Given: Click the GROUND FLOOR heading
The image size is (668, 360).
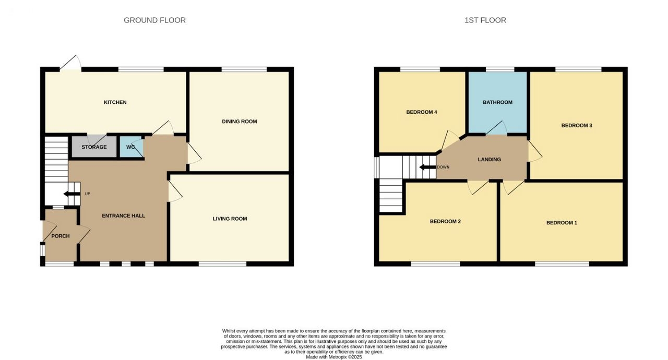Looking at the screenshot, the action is pyautogui.click(x=154, y=20).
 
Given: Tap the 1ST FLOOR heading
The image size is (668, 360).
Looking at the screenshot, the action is pyautogui.click(x=485, y=20).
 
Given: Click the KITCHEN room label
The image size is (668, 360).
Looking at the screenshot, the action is pyautogui.click(x=115, y=102).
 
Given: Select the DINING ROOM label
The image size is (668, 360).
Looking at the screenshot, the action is pyautogui.click(x=240, y=121).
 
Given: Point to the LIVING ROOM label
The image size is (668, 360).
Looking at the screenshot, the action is pyautogui.click(x=230, y=219).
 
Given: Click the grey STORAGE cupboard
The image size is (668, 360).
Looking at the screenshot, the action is pyautogui.click(x=94, y=147).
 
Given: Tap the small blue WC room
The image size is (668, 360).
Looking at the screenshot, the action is pyautogui.click(x=132, y=147).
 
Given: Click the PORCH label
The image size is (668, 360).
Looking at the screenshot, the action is pyautogui.click(x=61, y=236).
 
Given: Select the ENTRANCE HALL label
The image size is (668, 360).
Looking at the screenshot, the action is pyautogui.click(x=124, y=216).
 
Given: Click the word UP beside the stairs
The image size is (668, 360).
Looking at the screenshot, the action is pyautogui.click(x=87, y=194).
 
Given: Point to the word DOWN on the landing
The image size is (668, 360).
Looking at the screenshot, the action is pyautogui.click(x=443, y=167).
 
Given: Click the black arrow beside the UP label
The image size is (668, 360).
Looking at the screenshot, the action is pyautogui.click(x=72, y=194).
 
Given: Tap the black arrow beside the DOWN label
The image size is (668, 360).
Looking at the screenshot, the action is pyautogui.click(x=427, y=167).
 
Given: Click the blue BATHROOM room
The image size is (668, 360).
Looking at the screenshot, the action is pyautogui.click(x=497, y=102).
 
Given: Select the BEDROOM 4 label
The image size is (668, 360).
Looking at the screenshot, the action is pyautogui.click(x=422, y=112).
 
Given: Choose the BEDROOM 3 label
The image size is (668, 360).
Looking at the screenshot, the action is pyautogui.click(x=577, y=125).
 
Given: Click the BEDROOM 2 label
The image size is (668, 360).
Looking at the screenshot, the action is pyautogui.click(x=445, y=221).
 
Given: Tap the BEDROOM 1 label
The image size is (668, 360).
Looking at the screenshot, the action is pyautogui.click(x=562, y=223).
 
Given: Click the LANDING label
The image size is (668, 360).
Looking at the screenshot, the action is pyautogui.click(x=490, y=160).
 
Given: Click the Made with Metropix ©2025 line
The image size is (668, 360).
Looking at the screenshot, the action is pyautogui.click(x=333, y=357).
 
